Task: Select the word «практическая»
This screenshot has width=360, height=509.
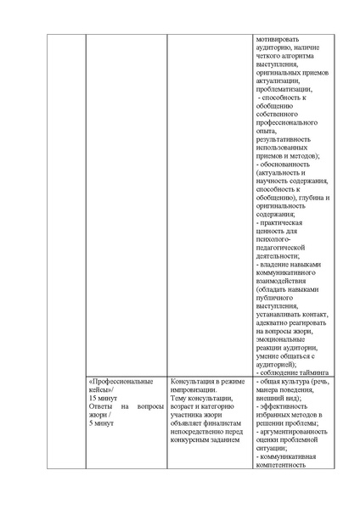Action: point(284,223)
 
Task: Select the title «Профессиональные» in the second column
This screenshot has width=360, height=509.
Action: point(121,383)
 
